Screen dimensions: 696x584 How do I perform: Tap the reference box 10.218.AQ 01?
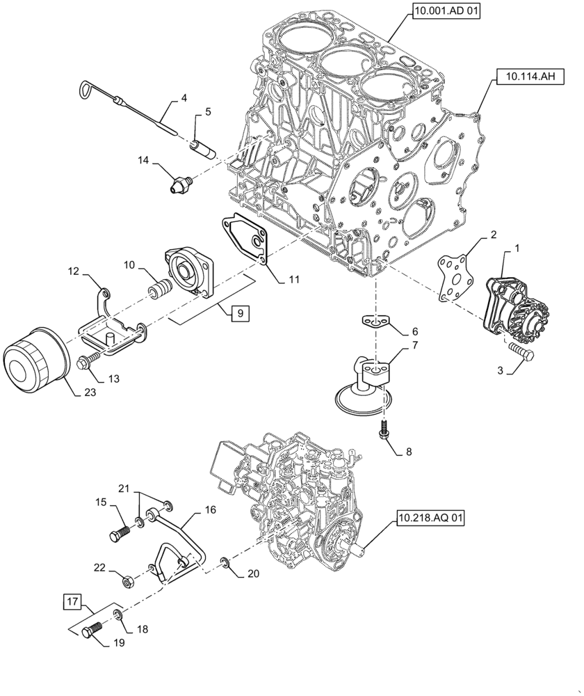click(430, 518)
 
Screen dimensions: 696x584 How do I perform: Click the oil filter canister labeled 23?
click(35, 365)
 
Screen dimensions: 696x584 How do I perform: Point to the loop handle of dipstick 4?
click(85, 88)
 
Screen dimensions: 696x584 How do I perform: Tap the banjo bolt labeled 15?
click(119, 535)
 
